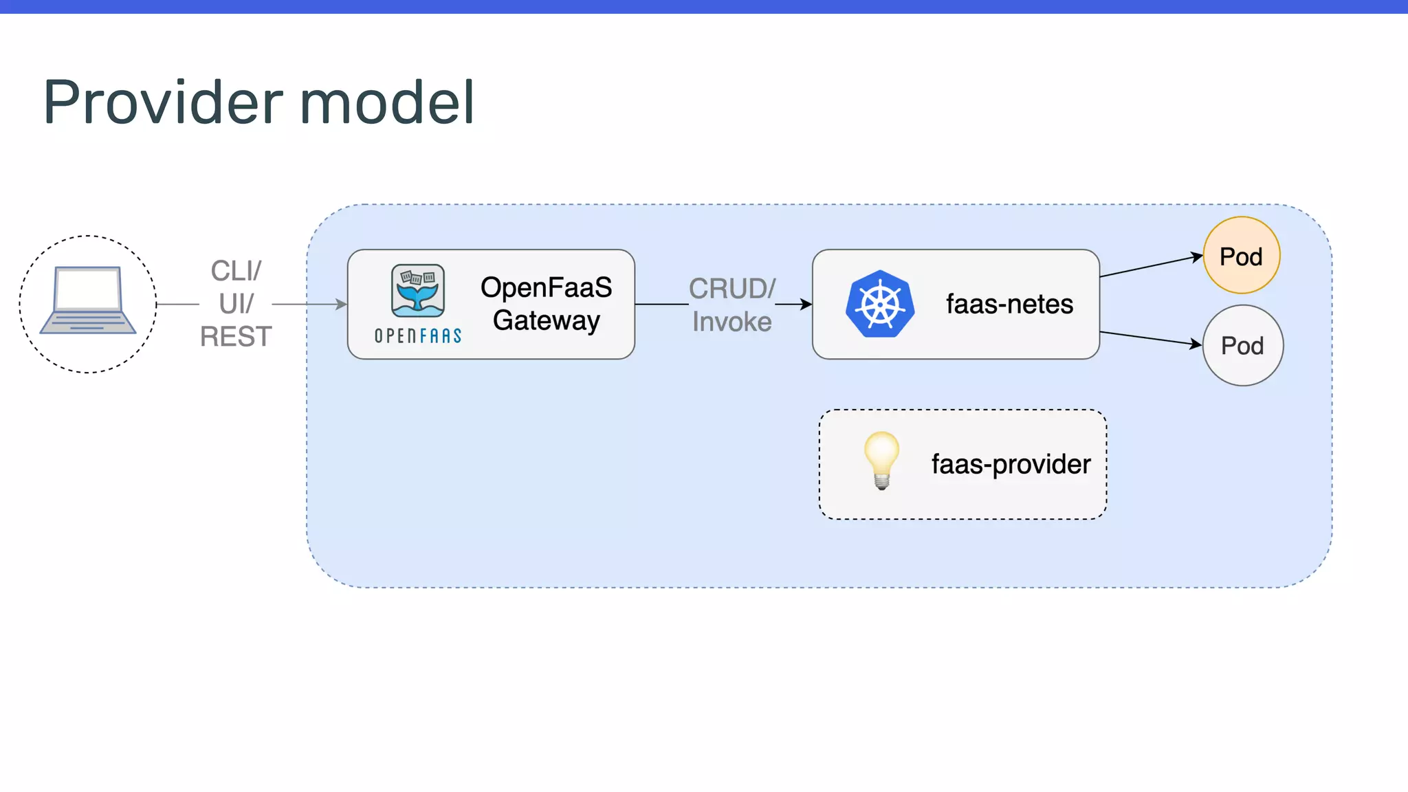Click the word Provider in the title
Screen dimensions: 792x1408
click(x=163, y=103)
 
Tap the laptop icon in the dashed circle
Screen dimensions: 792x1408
click(x=88, y=300)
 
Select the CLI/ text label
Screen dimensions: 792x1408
click(x=236, y=271)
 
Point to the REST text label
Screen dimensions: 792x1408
click(x=236, y=337)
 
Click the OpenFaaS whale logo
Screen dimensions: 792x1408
click(x=418, y=290)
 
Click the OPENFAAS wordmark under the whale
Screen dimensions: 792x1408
click(x=418, y=336)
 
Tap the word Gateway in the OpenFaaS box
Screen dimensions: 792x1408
click(x=547, y=321)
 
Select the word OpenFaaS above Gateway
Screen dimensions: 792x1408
click(x=547, y=287)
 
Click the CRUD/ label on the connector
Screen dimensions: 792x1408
click(x=732, y=289)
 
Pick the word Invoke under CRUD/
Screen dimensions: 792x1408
click(x=732, y=322)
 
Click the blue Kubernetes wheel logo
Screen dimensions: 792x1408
click(x=880, y=304)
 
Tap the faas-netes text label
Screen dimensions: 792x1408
click(x=1009, y=304)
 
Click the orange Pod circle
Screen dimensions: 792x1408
click(x=1241, y=256)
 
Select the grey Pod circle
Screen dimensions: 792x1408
click(x=1242, y=345)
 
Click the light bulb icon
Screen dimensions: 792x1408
click(x=881, y=460)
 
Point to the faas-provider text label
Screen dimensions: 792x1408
click(x=1011, y=464)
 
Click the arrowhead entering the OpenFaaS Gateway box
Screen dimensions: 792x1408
click(x=341, y=304)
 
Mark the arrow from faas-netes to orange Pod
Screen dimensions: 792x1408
click(x=1151, y=266)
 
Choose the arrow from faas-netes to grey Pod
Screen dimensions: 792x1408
click(x=1151, y=338)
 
